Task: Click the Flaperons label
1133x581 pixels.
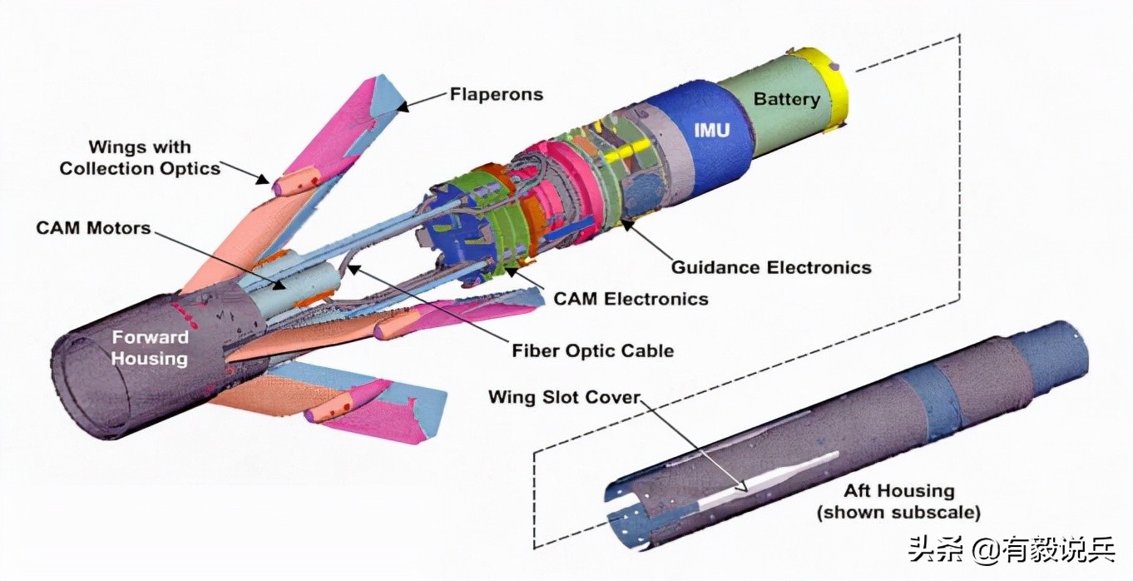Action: (496, 94)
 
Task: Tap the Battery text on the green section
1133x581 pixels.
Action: (786, 99)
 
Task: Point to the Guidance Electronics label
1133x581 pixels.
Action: (771, 267)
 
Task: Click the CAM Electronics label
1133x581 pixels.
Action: (631, 298)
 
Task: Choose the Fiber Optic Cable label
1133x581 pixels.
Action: (592, 350)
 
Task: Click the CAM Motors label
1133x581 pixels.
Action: (93, 227)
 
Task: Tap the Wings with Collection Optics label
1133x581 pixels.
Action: (140, 158)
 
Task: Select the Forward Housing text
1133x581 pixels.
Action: (150, 348)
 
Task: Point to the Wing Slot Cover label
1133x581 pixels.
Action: (565, 397)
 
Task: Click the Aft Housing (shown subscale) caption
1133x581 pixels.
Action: (899, 501)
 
